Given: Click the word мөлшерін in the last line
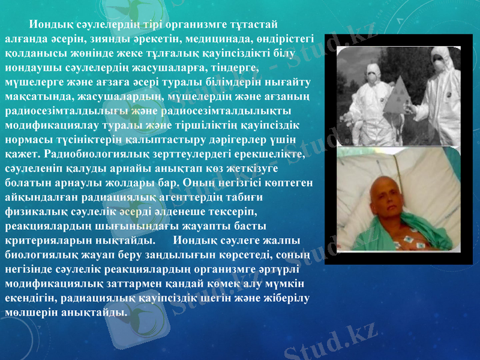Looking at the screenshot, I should (31, 312).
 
